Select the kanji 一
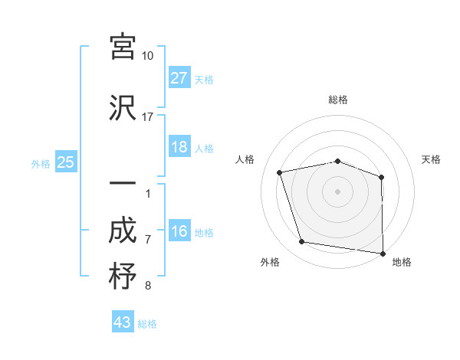coord(123,185)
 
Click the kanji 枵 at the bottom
coord(123,277)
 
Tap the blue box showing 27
coord(179,78)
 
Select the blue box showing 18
coord(179,147)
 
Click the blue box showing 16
coord(179,232)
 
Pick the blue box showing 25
coord(66,162)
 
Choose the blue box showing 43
coord(123,322)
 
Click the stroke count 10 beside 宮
coord(147,56)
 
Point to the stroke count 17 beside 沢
coord(147,117)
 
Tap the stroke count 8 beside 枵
coord(147,286)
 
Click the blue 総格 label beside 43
coord(147,324)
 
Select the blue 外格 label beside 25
coord(41,163)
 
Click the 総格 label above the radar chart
coord(337,100)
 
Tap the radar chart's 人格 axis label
coord(246,159)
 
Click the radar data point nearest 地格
coord(383,253)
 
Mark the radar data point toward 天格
coord(381,177)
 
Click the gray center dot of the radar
coord(337,191)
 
